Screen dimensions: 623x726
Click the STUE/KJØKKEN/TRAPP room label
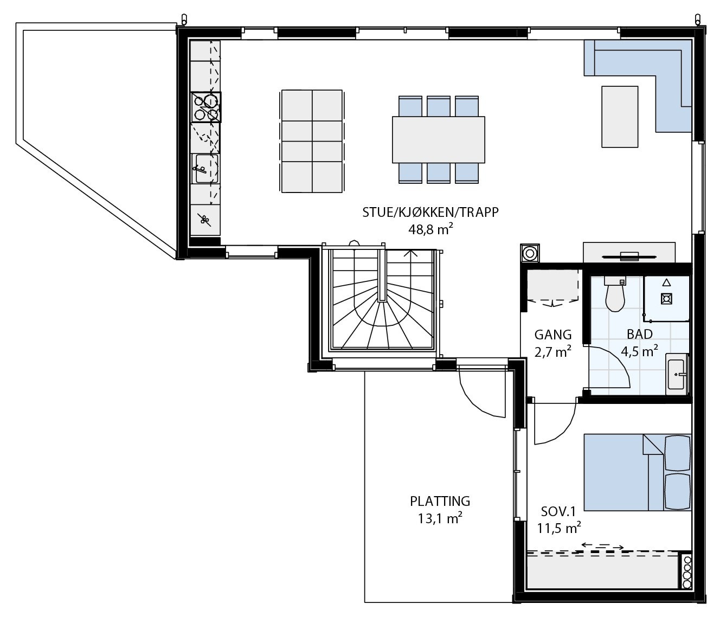coord(430,212)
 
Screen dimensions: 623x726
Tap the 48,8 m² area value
coord(430,229)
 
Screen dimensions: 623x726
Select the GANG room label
coord(552,335)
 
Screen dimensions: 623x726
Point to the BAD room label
coord(639,334)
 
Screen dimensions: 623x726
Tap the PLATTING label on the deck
coord(440,501)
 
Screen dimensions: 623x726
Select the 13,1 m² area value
coord(440,518)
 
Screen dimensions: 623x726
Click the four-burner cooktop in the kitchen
coord(206,107)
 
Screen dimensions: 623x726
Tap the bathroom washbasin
coord(677,374)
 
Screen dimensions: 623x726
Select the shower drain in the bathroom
coord(666,298)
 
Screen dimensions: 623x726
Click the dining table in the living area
coord(439,140)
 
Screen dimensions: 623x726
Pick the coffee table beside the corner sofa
coord(620,116)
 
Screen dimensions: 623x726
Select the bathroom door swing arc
coord(613,374)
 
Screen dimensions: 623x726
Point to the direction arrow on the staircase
coord(414,252)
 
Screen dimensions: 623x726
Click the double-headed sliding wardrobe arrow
coord(602,546)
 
